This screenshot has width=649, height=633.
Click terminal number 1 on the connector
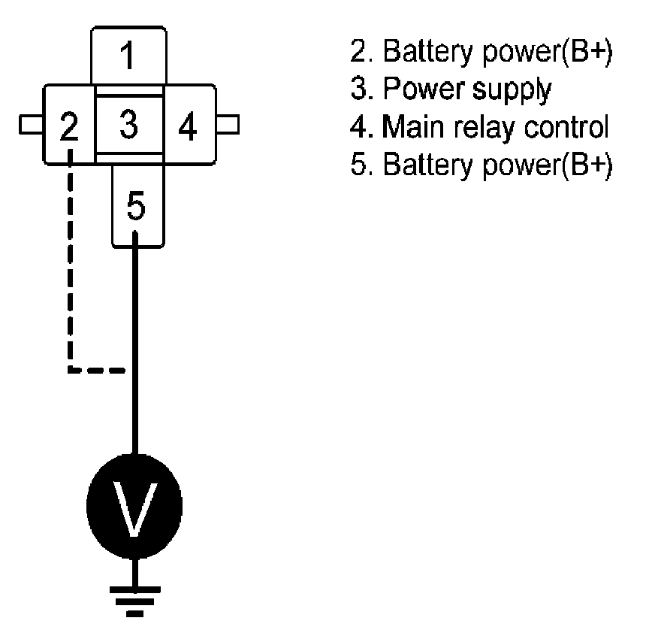pos(128,55)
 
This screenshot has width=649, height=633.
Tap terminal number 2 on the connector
pos(68,126)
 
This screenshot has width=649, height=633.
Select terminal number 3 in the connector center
pos(128,124)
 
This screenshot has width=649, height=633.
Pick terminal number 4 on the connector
pos(188,126)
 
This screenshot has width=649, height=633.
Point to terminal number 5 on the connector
pos(136,205)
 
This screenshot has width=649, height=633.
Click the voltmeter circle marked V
pos(134,506)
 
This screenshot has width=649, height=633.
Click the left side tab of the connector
pos(31,125)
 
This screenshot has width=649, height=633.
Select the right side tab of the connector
pos(228,125)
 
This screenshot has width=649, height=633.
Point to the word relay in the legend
pos(484,127)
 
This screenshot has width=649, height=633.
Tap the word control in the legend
pos(566,126)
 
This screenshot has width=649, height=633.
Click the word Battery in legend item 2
pos(428,52)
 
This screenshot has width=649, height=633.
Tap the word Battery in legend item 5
pos(428,165)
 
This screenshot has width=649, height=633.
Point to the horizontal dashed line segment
pos(97,370)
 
